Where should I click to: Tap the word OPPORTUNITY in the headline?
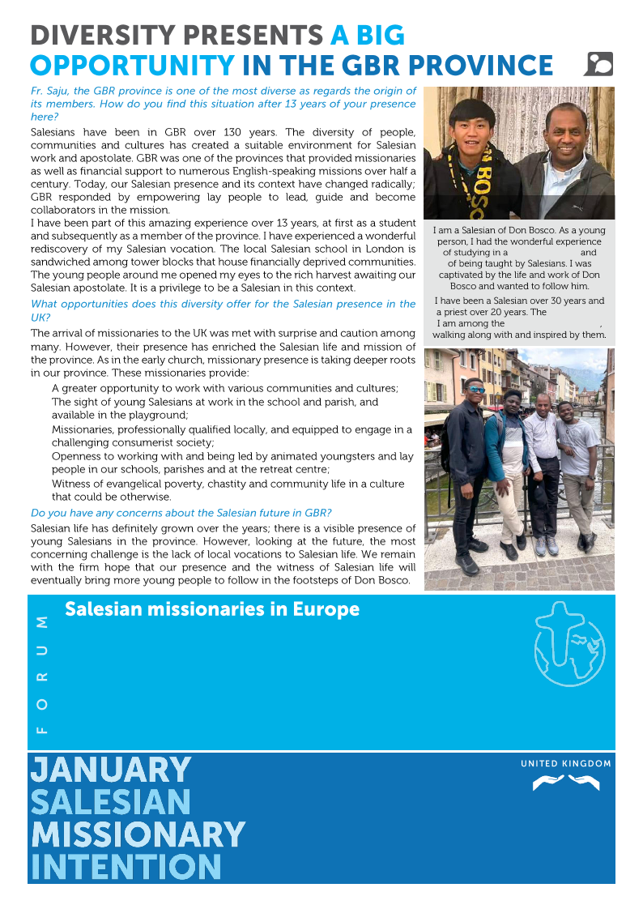pyautogui.click(x=131, y=66)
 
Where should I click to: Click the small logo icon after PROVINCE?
pyautogui.click(x=598, y=64)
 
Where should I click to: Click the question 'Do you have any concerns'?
pyautogui.click(x=181, y=513)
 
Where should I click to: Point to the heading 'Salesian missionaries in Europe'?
pyautogui.click(x=211, y=609)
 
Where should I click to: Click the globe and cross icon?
pyautogui.click(x=569, y=644)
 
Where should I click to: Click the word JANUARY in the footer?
pyautogui.click(x=110, y=770)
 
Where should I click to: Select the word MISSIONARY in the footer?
pyautogui.click(x=137, y=834)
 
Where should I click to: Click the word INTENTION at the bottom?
pyautogui.click(x=126, y=867)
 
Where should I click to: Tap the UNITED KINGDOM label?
pyautogui.click(x=565, y=764)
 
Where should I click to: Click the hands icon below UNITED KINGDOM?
pyautogui.click(x=565, y=783)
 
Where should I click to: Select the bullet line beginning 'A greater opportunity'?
pyautogui.click(x=224, y=389)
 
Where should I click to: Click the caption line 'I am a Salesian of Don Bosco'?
pyautogui.click(x=519, y=231)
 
